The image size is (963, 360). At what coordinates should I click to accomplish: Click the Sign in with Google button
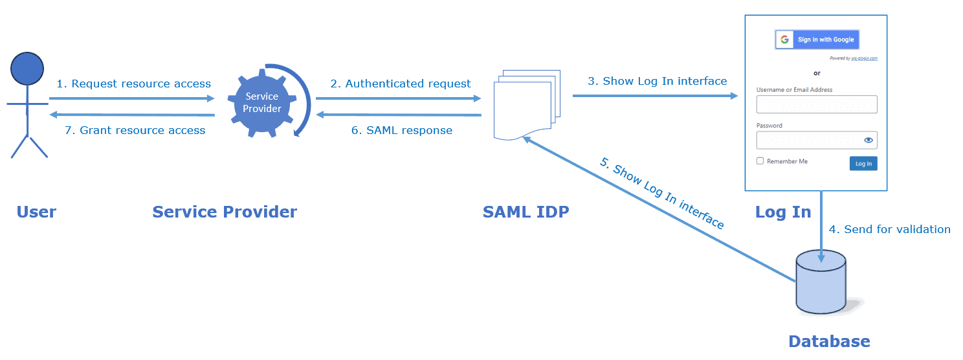point(817,39)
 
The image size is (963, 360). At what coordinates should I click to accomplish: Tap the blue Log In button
point(863,163)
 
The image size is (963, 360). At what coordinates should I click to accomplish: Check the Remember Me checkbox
point(760,161)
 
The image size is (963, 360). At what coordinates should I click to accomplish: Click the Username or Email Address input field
point(816,104)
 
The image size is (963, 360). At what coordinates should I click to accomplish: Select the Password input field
point(809,140)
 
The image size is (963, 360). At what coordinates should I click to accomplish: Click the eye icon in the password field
point(869,140)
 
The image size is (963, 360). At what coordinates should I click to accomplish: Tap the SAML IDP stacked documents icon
point(524,104)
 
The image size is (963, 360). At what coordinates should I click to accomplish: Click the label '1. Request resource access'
point(133,84)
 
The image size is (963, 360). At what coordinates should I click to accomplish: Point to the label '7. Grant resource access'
point(135,130)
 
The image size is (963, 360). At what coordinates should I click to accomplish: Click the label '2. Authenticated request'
point(401,84)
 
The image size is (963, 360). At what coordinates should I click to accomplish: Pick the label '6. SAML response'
point(401,130)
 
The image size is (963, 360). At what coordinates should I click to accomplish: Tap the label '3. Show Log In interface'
point(657,81)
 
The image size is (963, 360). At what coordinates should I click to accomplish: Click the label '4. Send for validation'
point(889,229)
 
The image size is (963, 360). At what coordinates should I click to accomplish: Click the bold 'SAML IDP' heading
point(526,212)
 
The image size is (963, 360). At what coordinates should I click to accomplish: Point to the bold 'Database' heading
point(828,341)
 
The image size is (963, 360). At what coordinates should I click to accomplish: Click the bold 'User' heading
point(36,212)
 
